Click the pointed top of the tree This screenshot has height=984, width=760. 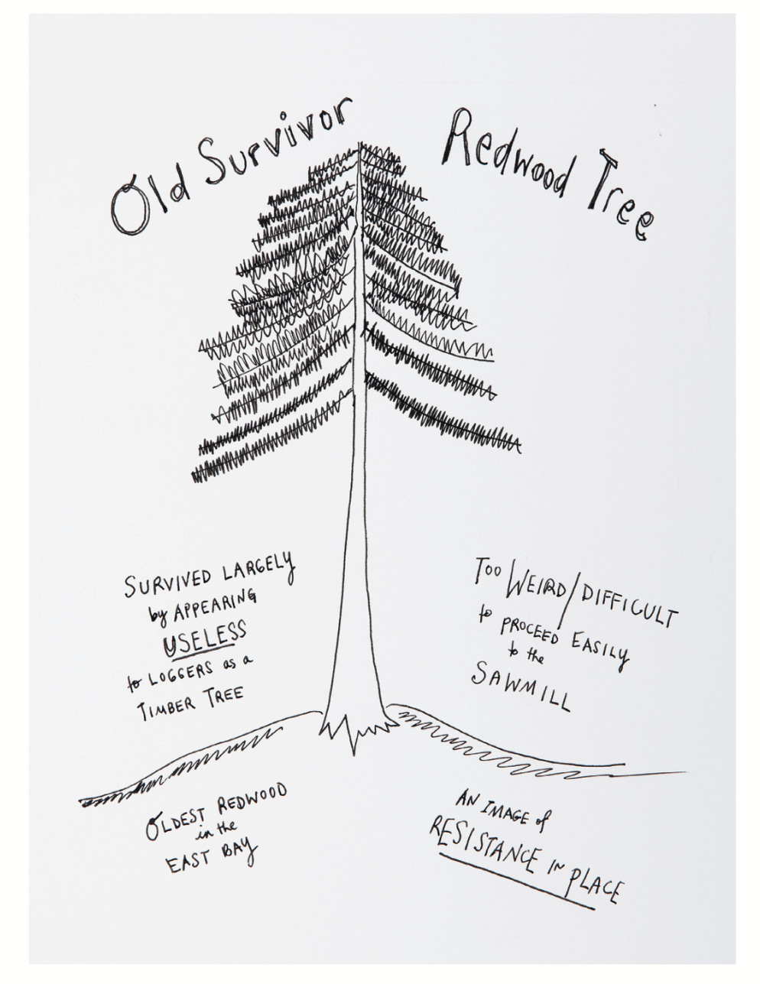pyautogui.click(x=359, y=145)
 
